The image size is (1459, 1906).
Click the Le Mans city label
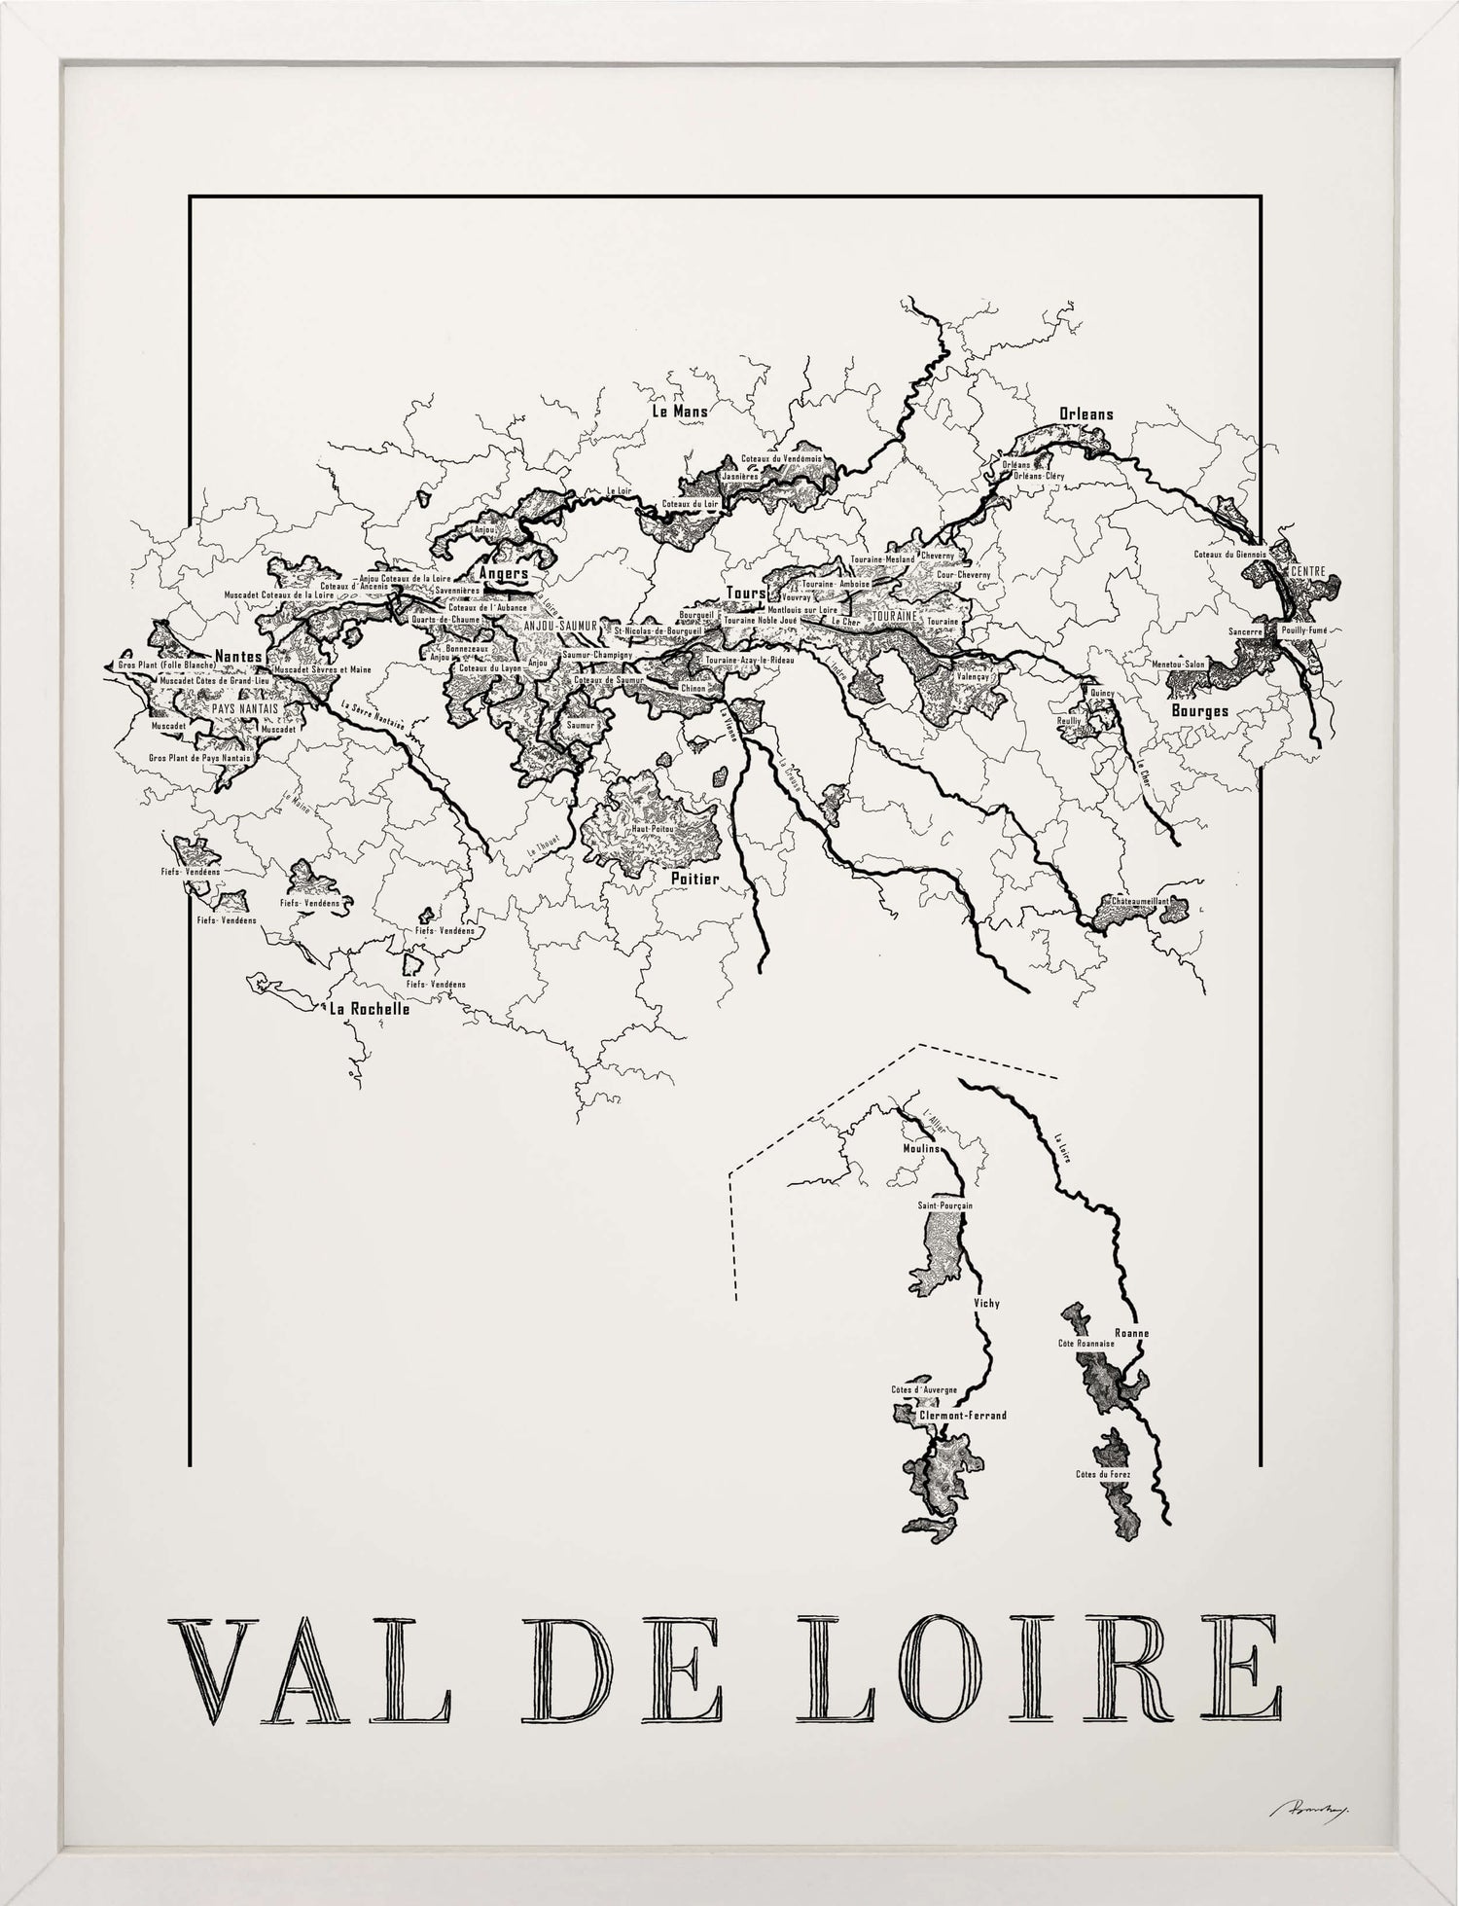point(679,411)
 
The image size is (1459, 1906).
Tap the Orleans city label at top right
point(1086,414)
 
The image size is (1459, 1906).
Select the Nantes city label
point(238,656)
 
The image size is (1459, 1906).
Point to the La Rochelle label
point(370,1009)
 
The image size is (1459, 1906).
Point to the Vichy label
point(985,1303)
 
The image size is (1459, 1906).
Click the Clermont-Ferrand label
point(962,1416)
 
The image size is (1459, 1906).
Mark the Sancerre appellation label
point(1245,631)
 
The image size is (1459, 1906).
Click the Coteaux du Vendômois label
point(781,458)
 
